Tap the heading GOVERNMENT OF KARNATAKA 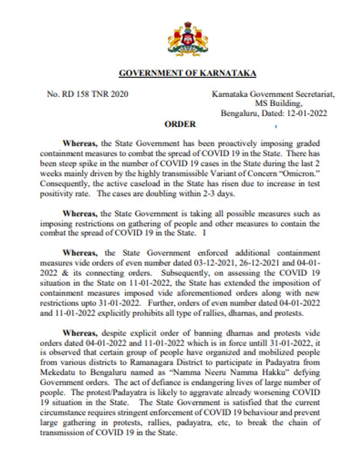tap(187, 73)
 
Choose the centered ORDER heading tap(180, 124)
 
